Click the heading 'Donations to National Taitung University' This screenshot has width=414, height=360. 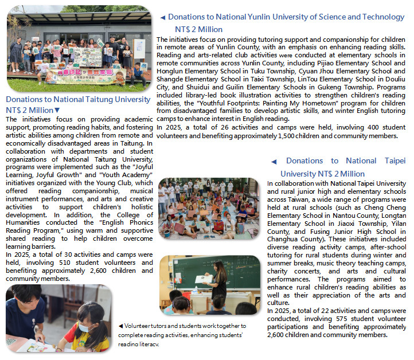[78, 99]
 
